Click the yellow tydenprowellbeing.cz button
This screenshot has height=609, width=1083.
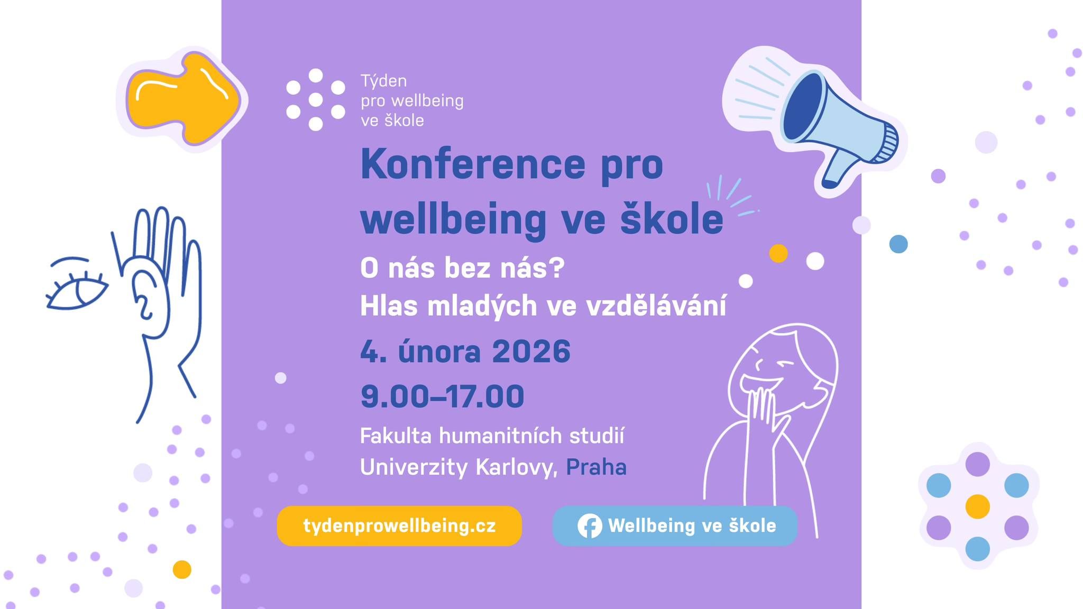coord(399,526)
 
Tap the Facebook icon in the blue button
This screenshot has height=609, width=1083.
coord(590,526)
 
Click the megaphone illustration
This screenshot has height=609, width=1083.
coord(825,116)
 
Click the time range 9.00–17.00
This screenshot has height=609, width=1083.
coord(442,396)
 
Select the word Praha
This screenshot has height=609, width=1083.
coord(596,467)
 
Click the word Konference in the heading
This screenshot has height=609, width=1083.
coord(473,164)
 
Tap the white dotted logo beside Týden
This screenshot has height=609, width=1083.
coord(316,99)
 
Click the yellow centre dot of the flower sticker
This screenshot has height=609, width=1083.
coord(977,506)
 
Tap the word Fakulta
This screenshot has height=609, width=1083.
coord(396,436)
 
